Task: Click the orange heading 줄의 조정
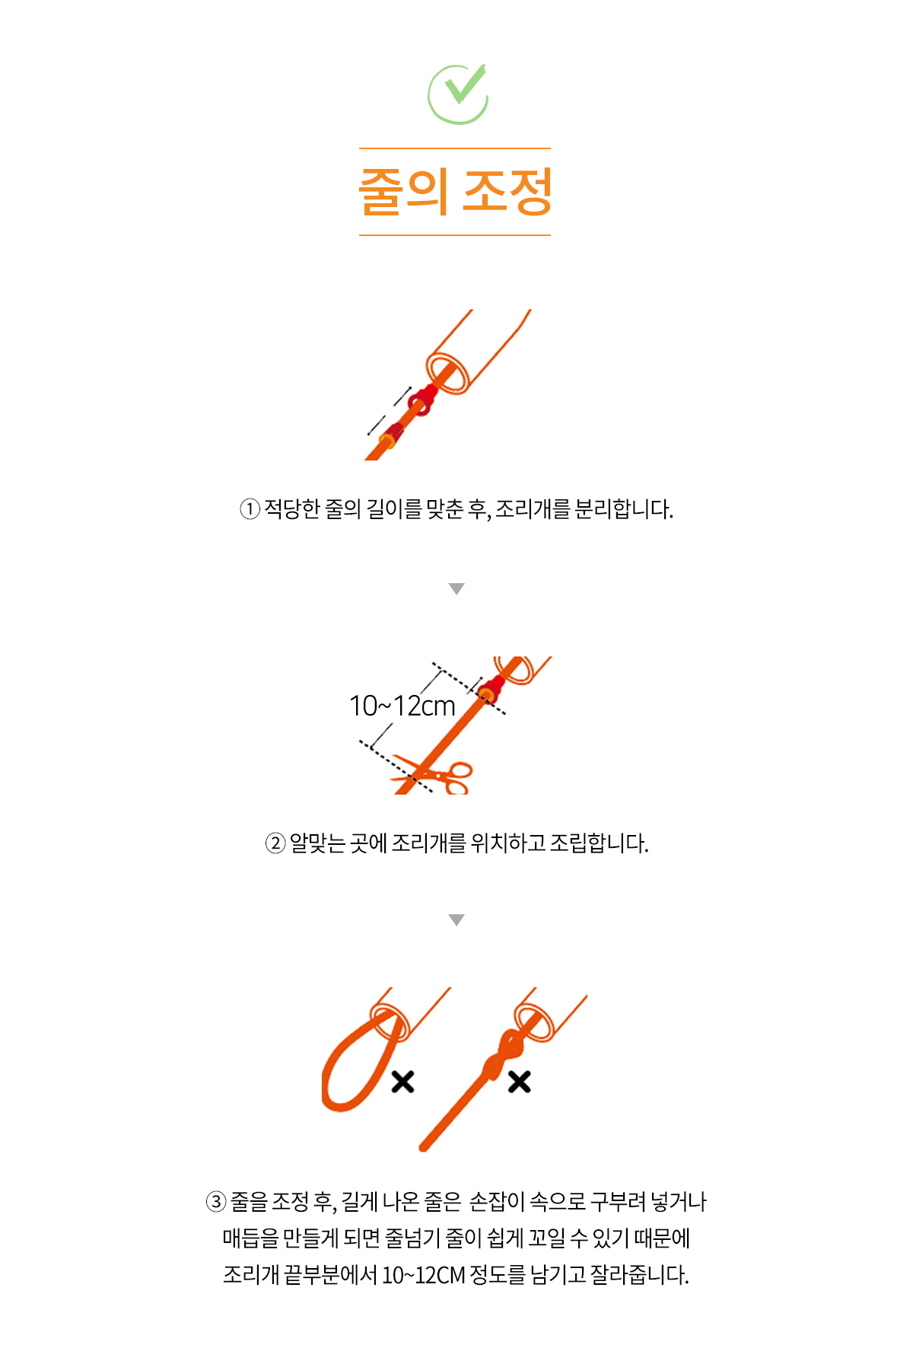click(x=455, y=192)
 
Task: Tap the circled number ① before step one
click(x=250, y=509)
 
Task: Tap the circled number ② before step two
click(x=275, y=844)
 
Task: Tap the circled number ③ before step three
click(x=216, y=1203)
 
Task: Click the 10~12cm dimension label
click(x=402, y=706)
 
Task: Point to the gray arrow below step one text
click(x=456, y=588)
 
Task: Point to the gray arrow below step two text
click(x=456, y=919)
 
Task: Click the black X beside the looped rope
click(x=402, y=1082)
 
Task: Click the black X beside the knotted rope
click(x=519, y=1082)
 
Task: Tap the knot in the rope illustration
click(x=503, y=1055)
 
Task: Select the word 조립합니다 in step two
click(x=599, y=844)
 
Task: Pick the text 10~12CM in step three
click(x=423, y=1275)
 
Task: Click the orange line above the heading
click(x=455, y=148)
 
